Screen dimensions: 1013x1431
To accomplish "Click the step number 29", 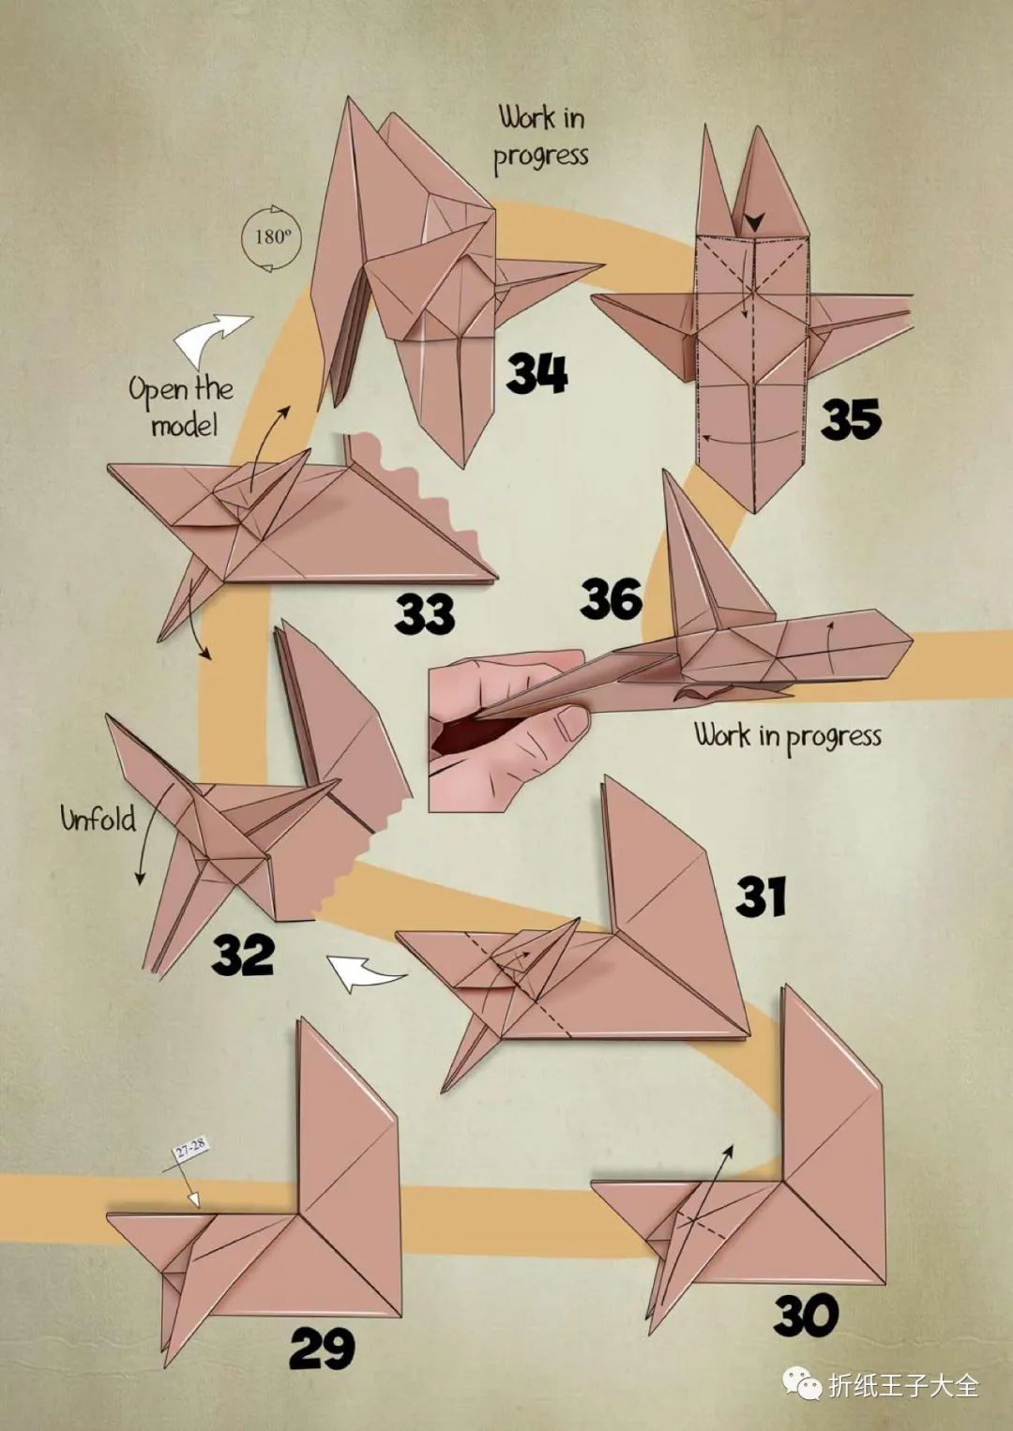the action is coord(322,1349).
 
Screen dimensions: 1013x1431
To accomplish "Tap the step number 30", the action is coord(806,1316).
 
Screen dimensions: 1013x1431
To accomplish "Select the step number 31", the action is coord(760,896).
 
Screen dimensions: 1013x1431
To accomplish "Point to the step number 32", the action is coord(243,956).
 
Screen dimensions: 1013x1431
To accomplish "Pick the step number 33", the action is coord(424,613).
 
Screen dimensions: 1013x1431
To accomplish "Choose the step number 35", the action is coord(851,419).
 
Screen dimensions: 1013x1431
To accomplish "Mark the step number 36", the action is coord(611,598).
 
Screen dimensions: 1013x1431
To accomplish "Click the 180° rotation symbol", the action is coord(272,237).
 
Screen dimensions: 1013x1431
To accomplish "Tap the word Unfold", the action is coord(98,819).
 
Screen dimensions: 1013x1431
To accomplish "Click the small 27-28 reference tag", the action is coord(190,1149).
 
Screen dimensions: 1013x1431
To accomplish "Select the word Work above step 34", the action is coord(527,118).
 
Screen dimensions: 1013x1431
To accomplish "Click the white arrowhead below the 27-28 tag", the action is coord(193,1198).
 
